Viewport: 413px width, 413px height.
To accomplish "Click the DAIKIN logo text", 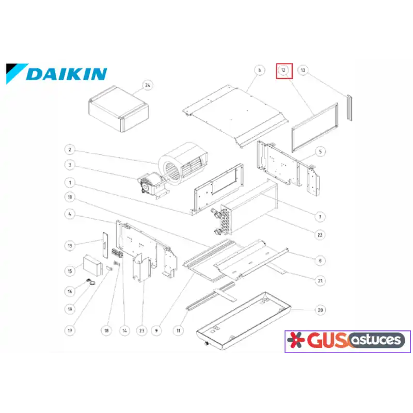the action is point(67,74).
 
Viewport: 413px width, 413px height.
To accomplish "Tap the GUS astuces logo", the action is point(347,341).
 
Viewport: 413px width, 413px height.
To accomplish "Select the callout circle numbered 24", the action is point(148,85).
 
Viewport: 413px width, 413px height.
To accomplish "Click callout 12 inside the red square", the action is point(283,70).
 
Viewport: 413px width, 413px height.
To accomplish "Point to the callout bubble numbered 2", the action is point(70,150).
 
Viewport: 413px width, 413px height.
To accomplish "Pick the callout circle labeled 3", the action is point(70,165).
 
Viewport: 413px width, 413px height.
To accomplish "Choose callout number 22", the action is point(320,235).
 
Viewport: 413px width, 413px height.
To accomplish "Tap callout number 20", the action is point(320,310).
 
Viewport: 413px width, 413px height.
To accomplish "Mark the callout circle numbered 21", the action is point(320,280).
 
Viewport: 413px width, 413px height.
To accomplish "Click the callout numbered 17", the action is point(70,330).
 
